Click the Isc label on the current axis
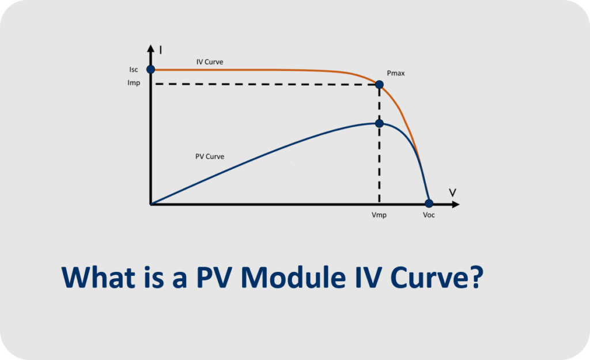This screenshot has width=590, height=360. pos(134,70)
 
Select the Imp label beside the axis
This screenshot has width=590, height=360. pos(134,83)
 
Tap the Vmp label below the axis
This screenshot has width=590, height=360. pos(379,215)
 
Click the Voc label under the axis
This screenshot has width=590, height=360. pos(429,215)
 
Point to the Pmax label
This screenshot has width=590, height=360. pos(396,73)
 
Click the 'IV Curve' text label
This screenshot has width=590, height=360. pos(210,62)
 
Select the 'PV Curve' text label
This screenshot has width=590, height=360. pos(210,157)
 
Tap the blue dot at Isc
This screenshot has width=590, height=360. pos(150,69)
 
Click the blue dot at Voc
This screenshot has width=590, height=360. pos(429,203)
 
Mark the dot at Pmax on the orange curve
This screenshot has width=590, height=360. pos(379,84)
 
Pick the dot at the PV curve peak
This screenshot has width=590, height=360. pos(379,123)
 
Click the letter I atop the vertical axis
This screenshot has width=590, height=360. pos(161,50)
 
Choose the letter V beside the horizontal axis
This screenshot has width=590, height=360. pos(452,193)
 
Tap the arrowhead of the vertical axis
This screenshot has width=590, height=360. pos(150,48)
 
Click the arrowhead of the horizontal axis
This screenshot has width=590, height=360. pos(456,204)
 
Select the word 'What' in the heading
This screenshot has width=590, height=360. pos(98,277)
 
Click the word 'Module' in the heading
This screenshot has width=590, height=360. pos(293,277)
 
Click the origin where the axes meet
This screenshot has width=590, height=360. pos(150,204)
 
